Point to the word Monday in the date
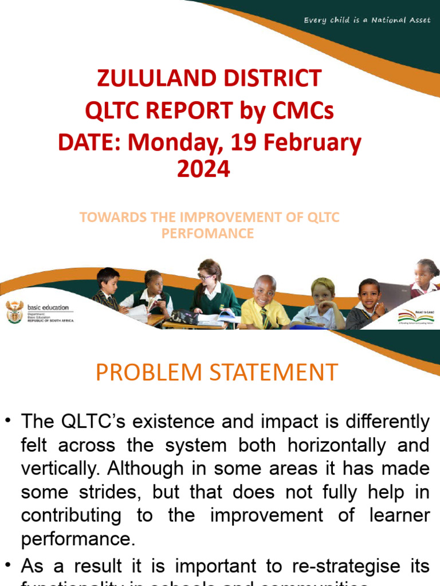(179, 142)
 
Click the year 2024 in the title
(203, 169)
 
